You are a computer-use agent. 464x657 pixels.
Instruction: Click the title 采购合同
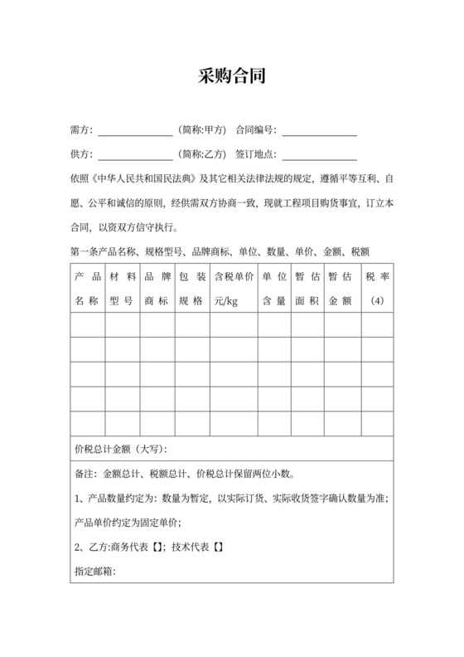pos(231,77)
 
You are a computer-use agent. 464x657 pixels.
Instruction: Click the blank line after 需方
pos(135,131)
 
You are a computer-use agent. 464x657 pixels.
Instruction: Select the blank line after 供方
pos(135,154)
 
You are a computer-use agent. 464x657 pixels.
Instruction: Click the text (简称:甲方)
pos(201,130)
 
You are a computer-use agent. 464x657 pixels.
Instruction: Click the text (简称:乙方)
pos(201,153)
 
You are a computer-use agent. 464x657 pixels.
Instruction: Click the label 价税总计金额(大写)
pos(121,450)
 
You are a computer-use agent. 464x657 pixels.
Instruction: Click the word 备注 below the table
pos(84,474)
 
